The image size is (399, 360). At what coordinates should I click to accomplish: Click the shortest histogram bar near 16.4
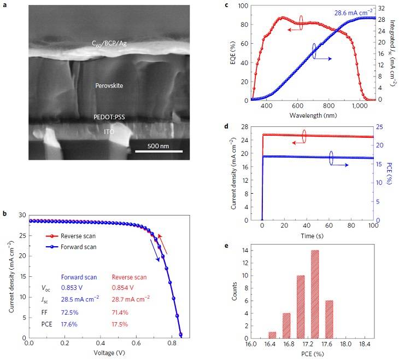coord(272,334)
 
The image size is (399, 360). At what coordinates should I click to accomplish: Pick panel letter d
coord(226,127)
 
